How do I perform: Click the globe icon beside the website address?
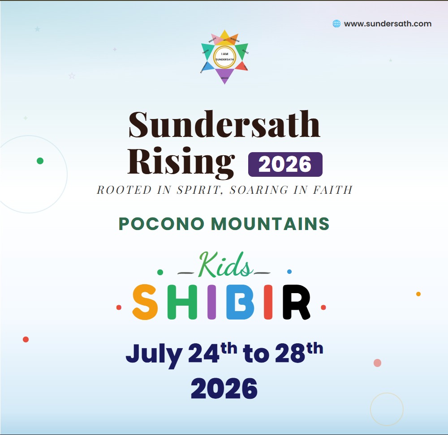336,24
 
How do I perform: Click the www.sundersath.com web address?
388,24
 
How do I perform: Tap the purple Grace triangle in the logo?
225,75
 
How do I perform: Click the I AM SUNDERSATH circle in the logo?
224,56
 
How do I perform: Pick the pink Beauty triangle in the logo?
214,39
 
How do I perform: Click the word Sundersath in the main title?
224,124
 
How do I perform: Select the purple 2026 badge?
285,164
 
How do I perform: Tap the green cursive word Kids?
224,265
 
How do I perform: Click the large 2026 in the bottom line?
224,388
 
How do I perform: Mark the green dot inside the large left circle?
40,161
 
